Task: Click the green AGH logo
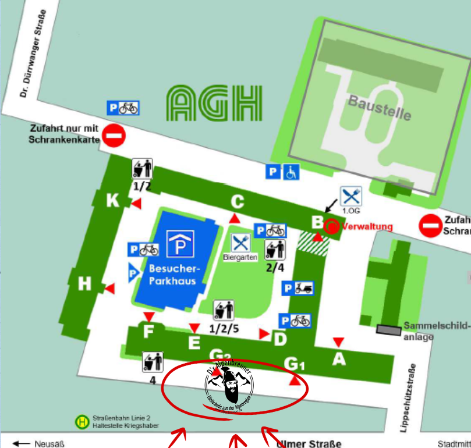[x=214, y=103]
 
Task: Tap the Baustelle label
[x=380, y=108]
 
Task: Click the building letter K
[x=112, y=201]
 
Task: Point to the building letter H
[x=85, y=284]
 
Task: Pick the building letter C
[x=238, y=201]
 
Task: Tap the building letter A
[x=339, y=360]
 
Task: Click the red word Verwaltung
[x=367, y=226]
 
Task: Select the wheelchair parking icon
[x=291, y=172]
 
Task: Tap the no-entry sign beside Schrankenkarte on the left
[x=114, y=137]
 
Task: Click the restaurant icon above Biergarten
[x=240, y=243]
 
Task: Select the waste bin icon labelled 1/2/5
[x=224, y=310]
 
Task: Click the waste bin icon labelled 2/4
[x=275, y=250]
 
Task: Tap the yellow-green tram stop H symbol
[x=83, y=421]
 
